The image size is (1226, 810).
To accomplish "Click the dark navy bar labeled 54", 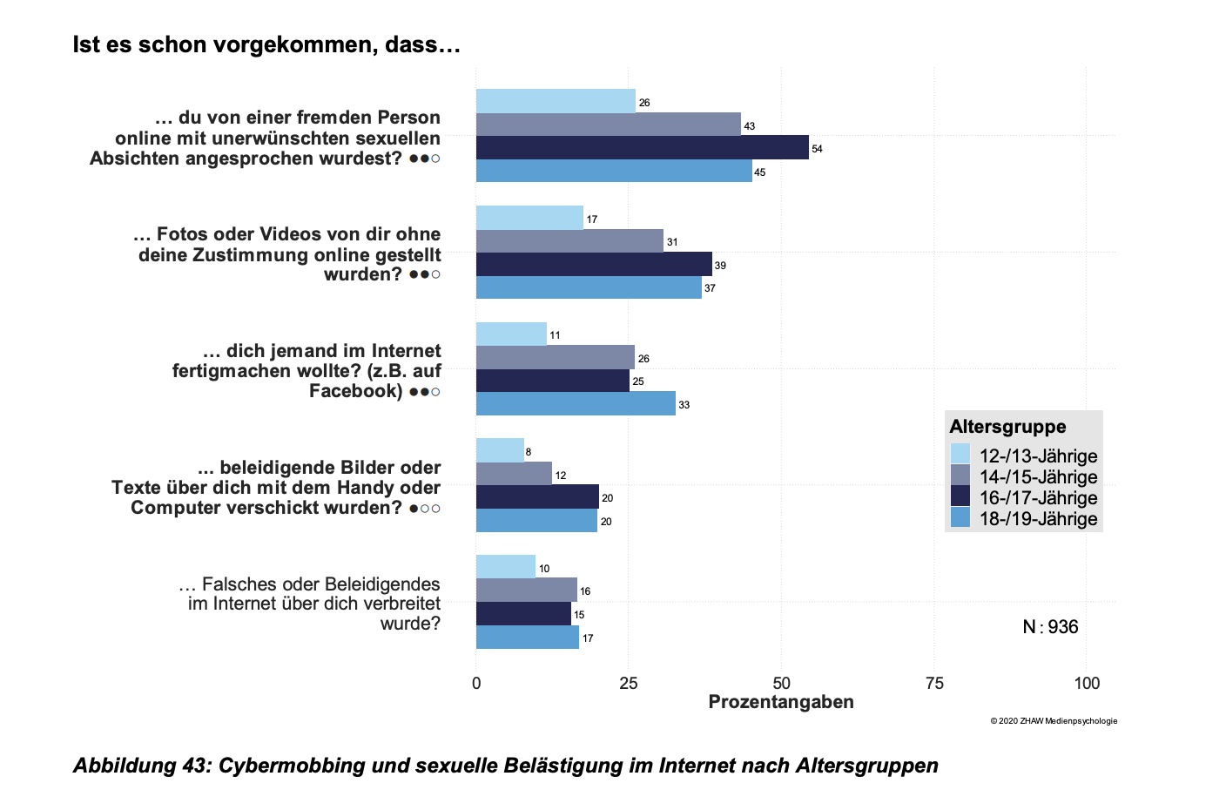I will tap(642, 147).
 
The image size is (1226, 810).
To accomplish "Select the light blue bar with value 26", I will tap(556, 101).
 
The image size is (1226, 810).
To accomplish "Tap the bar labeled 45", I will tap(614, 171).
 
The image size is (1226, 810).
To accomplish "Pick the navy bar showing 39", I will tap(594, 264).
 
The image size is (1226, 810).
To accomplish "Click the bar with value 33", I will tap(576, 403).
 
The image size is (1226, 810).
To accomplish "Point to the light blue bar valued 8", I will tap(500, 450).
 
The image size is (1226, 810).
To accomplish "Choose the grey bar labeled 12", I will tap(514, 474).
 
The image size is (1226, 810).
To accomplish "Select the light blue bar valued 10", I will tap(506, 567).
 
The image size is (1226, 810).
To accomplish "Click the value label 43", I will tap(749, 126).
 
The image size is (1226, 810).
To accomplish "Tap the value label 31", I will tap(671, 242).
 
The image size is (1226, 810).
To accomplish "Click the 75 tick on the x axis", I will tap(934, 684).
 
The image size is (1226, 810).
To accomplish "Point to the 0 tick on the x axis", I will tap(476, 684).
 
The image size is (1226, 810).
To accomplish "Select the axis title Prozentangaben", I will tap(781, 702).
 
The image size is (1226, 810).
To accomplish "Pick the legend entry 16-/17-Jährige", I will tap(1038, 497).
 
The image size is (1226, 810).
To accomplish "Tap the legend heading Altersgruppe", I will tap(1007, 427).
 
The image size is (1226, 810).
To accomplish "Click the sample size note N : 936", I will tap(1050, 627).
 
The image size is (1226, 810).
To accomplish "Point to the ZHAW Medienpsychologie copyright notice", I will tap(1054, 721).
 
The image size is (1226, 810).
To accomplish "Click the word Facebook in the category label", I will tap(355, 391).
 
